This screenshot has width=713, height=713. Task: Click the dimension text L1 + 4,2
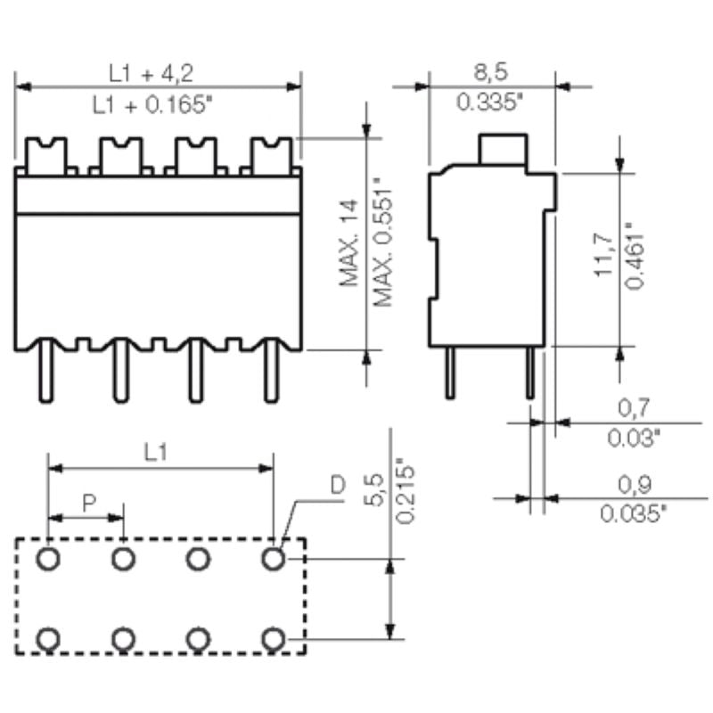click(x=152, y=71)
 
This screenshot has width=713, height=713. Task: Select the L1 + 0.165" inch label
click(x=152, y=104)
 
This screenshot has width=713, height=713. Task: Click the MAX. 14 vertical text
click(x=349, y=243)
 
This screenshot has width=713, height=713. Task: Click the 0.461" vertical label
click(x=635, y=255)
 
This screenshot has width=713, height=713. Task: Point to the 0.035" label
click(x=633, y=513)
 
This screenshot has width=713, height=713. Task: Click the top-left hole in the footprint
click(x=48, y=559)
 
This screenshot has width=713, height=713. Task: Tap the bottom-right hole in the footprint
click(x=274, y=638)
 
